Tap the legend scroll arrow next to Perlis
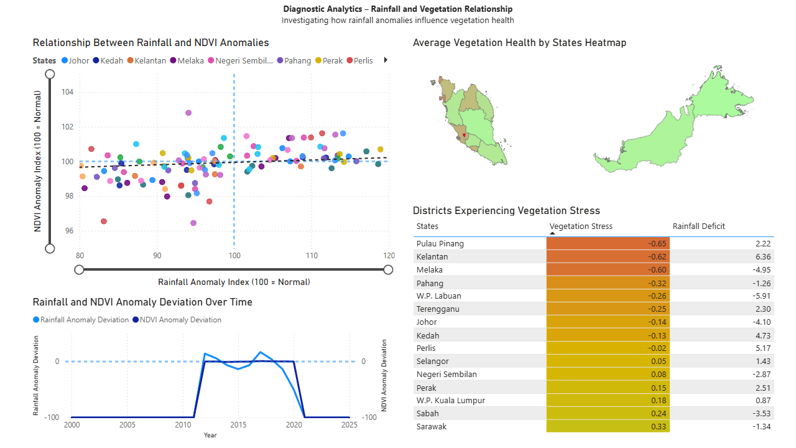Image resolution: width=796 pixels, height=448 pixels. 386,60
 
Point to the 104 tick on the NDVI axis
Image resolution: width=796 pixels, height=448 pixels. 67,92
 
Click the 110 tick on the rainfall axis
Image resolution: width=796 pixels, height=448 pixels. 312,256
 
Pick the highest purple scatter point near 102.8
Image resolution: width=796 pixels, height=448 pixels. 188,113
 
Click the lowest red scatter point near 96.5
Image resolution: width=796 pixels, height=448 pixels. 104,222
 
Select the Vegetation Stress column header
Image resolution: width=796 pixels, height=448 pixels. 581,226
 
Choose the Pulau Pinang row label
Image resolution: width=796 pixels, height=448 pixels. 440,243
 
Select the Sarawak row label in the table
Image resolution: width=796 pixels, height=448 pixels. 432,426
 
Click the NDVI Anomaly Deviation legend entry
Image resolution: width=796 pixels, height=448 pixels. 178,320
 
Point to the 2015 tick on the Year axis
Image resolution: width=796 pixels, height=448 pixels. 238,425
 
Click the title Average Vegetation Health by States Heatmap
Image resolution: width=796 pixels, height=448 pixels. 519,43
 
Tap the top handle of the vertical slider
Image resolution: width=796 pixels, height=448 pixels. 50,74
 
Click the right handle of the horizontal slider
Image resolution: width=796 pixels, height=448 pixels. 388,269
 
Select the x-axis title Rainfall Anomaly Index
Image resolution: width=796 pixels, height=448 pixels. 234,282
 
